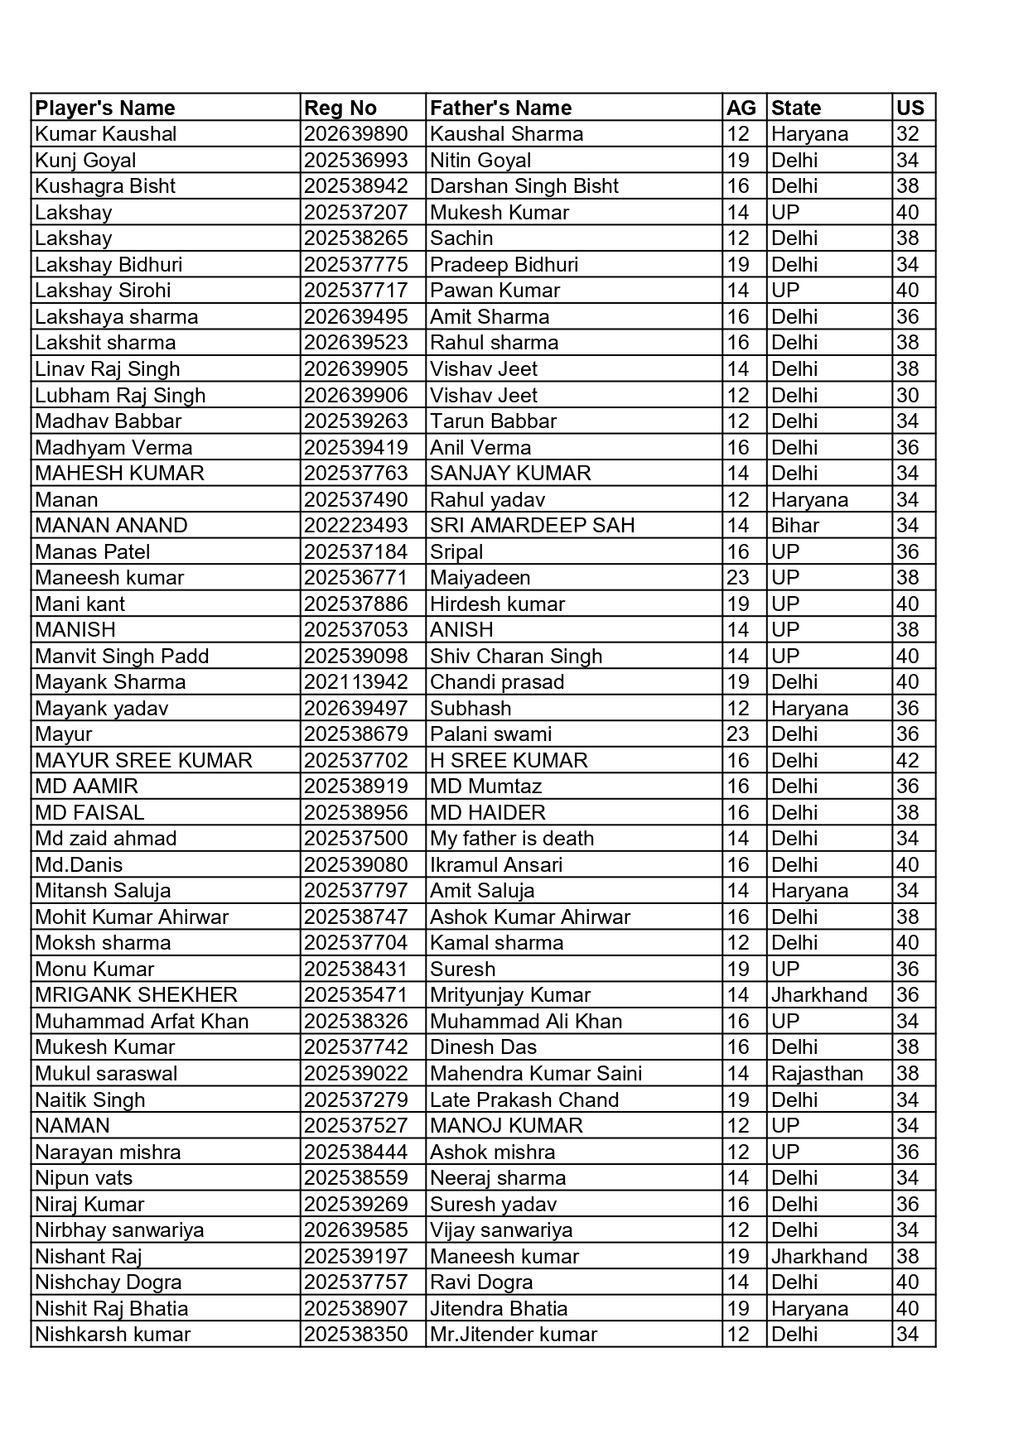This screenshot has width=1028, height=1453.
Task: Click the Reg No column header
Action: (340, 108)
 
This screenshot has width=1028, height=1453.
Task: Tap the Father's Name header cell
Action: (500, 108)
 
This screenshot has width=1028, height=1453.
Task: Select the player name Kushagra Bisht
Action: (105, 186)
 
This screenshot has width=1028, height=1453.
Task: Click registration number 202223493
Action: (355, 526)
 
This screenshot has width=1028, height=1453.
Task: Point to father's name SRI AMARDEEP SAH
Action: (532, 526)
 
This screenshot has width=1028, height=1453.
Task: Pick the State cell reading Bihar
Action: (794, 526)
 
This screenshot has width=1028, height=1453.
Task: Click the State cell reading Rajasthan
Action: (817, 1074)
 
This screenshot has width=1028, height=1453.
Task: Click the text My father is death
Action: (512, 839)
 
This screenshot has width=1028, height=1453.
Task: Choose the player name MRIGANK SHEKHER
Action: (136, 995)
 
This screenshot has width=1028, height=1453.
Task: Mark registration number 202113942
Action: (355, 682)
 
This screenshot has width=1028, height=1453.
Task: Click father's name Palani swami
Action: (490, 734)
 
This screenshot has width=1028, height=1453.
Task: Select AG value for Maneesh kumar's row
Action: (737, 578)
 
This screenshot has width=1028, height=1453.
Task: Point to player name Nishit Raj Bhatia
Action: (112, 1309)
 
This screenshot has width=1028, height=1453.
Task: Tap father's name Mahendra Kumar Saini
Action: (536, 1074)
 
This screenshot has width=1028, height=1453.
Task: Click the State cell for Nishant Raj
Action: (818, 1257)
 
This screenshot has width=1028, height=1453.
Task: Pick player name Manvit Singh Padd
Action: (122, 657)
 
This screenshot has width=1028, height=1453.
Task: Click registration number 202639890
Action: (355, 134)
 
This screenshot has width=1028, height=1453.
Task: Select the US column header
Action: (910, 108)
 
